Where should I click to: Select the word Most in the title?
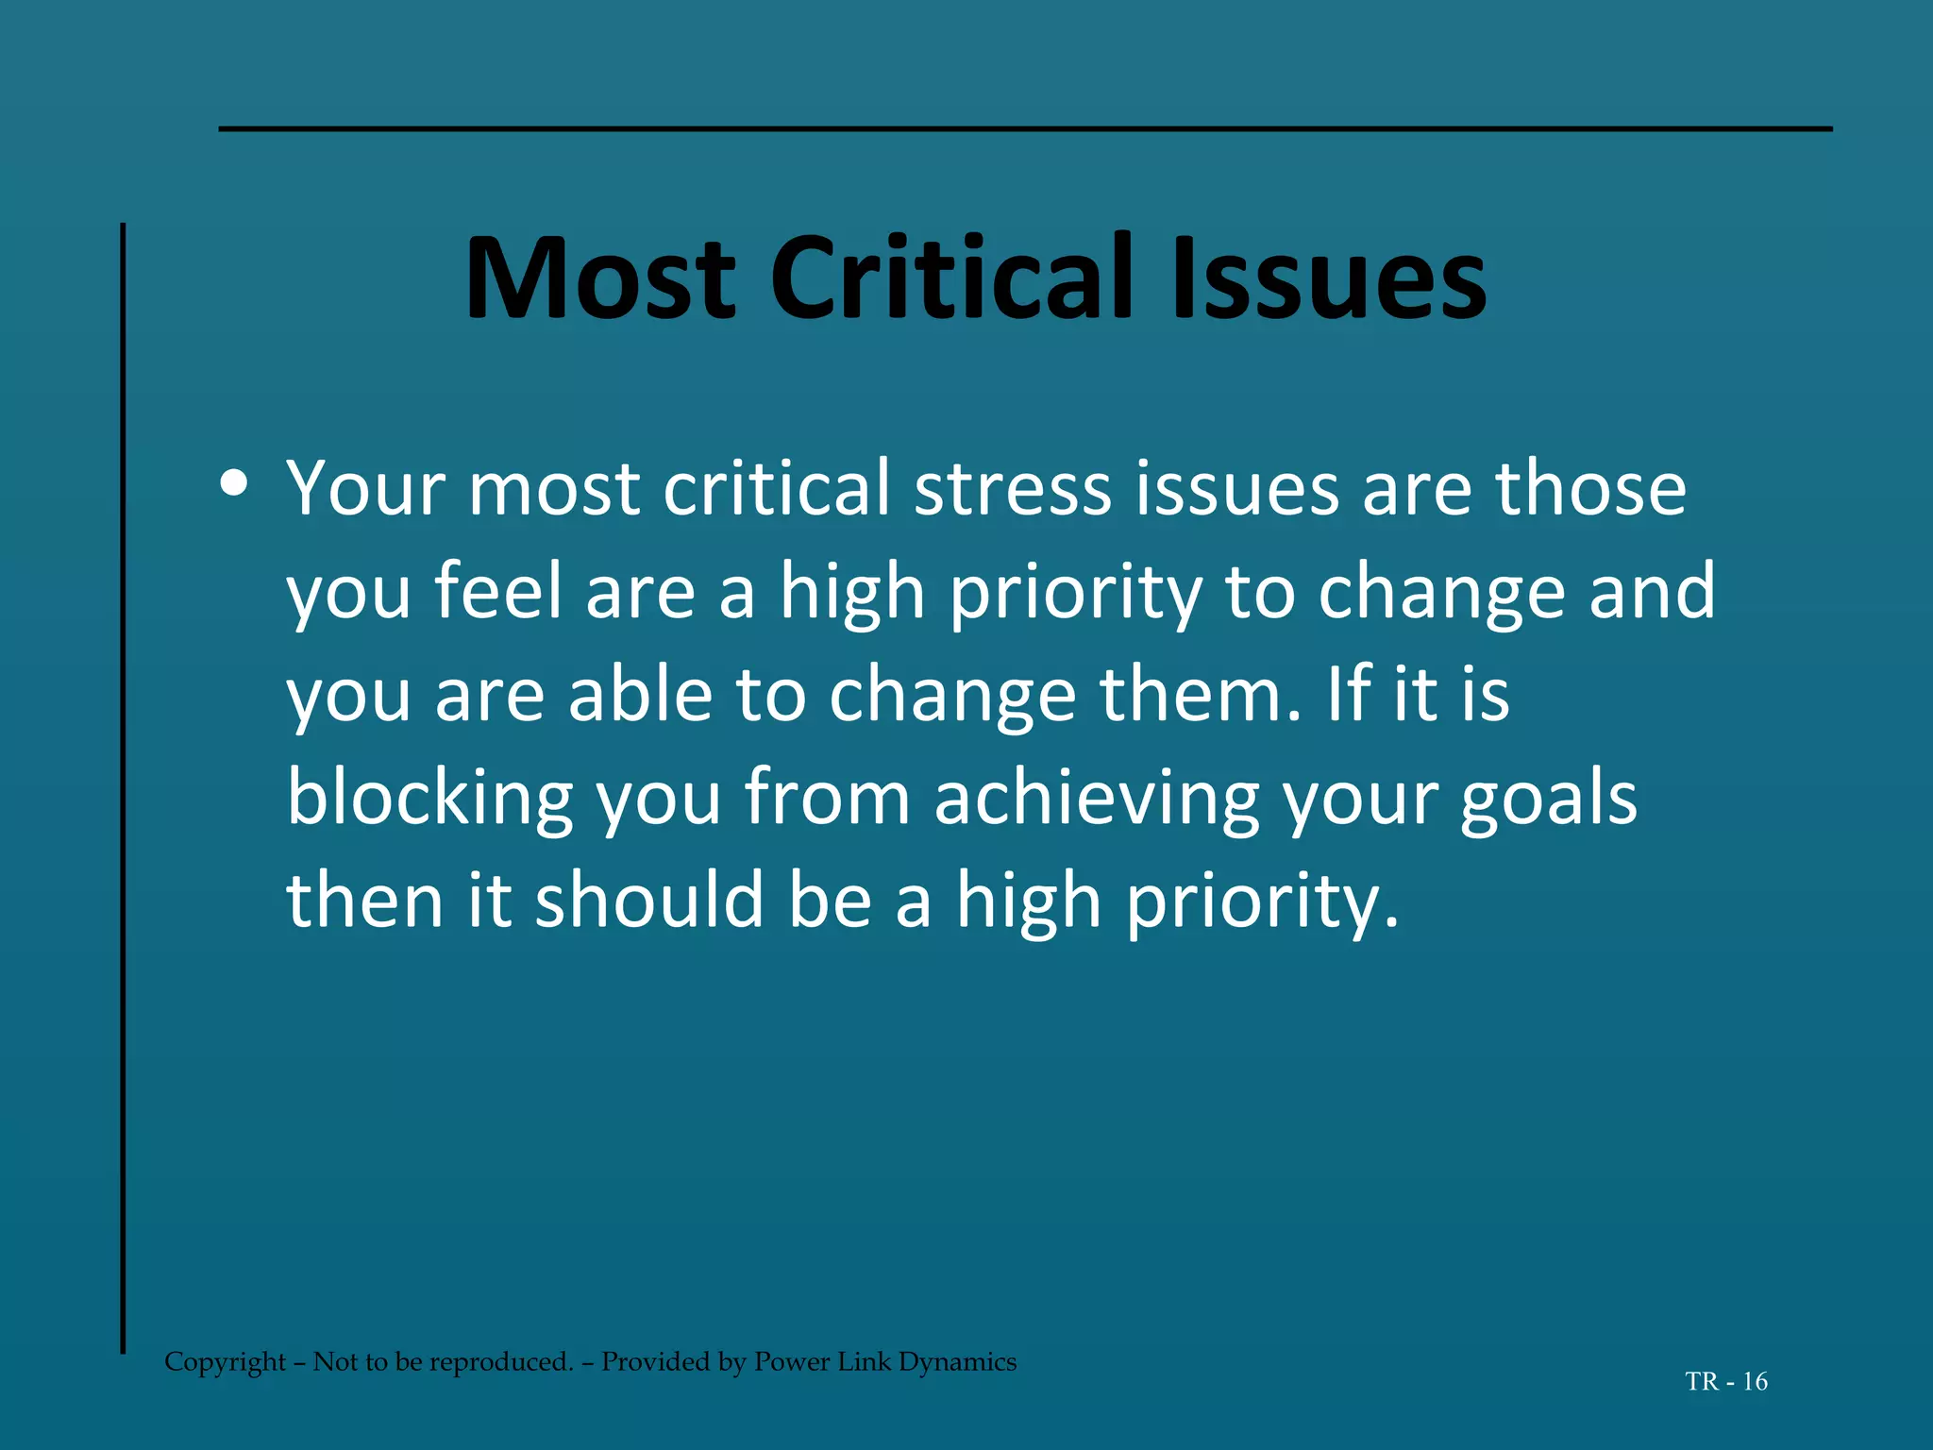pyautogui.click(x=600, y=279)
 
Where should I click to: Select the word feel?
pyautogui.click(x=497, y=592)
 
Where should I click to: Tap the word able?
pyautogui.click(x=639, y=695)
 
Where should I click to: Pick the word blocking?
pyautogui.click(x=429, y=799)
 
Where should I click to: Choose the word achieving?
pyautogui.click(x=1096, y=799)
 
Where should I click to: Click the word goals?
pyautogui.click(x=1548, y=799)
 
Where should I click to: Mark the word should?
pyautogui.click(x=649, y=901)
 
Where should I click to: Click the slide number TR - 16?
pyautogui.click(x=1726, y=1382)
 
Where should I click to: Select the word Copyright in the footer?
pyautogui.click(x=225, y=1362)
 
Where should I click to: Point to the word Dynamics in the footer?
pyautogui.click(x=957, y=1362)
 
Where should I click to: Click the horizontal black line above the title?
pyautogui.click(x=1025, y=128)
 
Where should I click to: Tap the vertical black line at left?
pyautogui.click(x=123, y=788)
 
